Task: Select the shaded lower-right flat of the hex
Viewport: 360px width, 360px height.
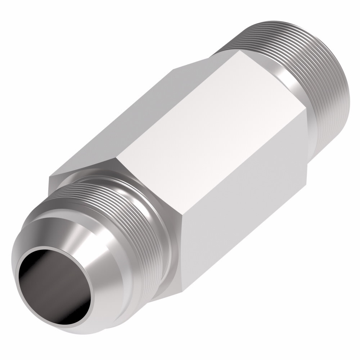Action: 245,216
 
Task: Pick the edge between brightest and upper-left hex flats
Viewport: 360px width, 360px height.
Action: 180,108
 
